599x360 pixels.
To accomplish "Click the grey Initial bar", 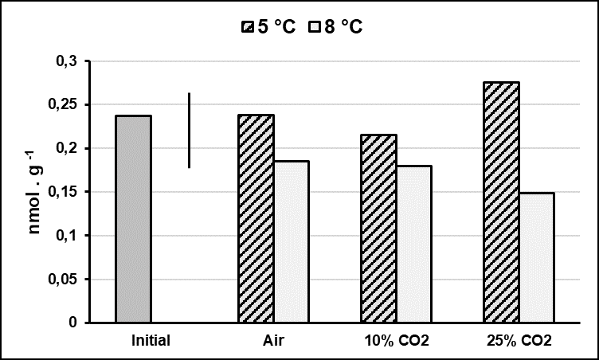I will tap(133, 219).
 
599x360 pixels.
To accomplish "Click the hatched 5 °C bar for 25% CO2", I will tap(502, 202).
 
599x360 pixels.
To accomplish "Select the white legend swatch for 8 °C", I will tap(315, 27).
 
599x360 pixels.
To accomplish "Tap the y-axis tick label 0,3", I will tap(69, 61).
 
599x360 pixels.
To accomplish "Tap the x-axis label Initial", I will tap(151, 341).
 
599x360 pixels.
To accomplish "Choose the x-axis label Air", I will tap(274, 341).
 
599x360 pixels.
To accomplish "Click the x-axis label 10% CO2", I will tap(397, 341).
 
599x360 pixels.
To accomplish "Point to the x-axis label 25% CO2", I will tap(519, 341).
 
